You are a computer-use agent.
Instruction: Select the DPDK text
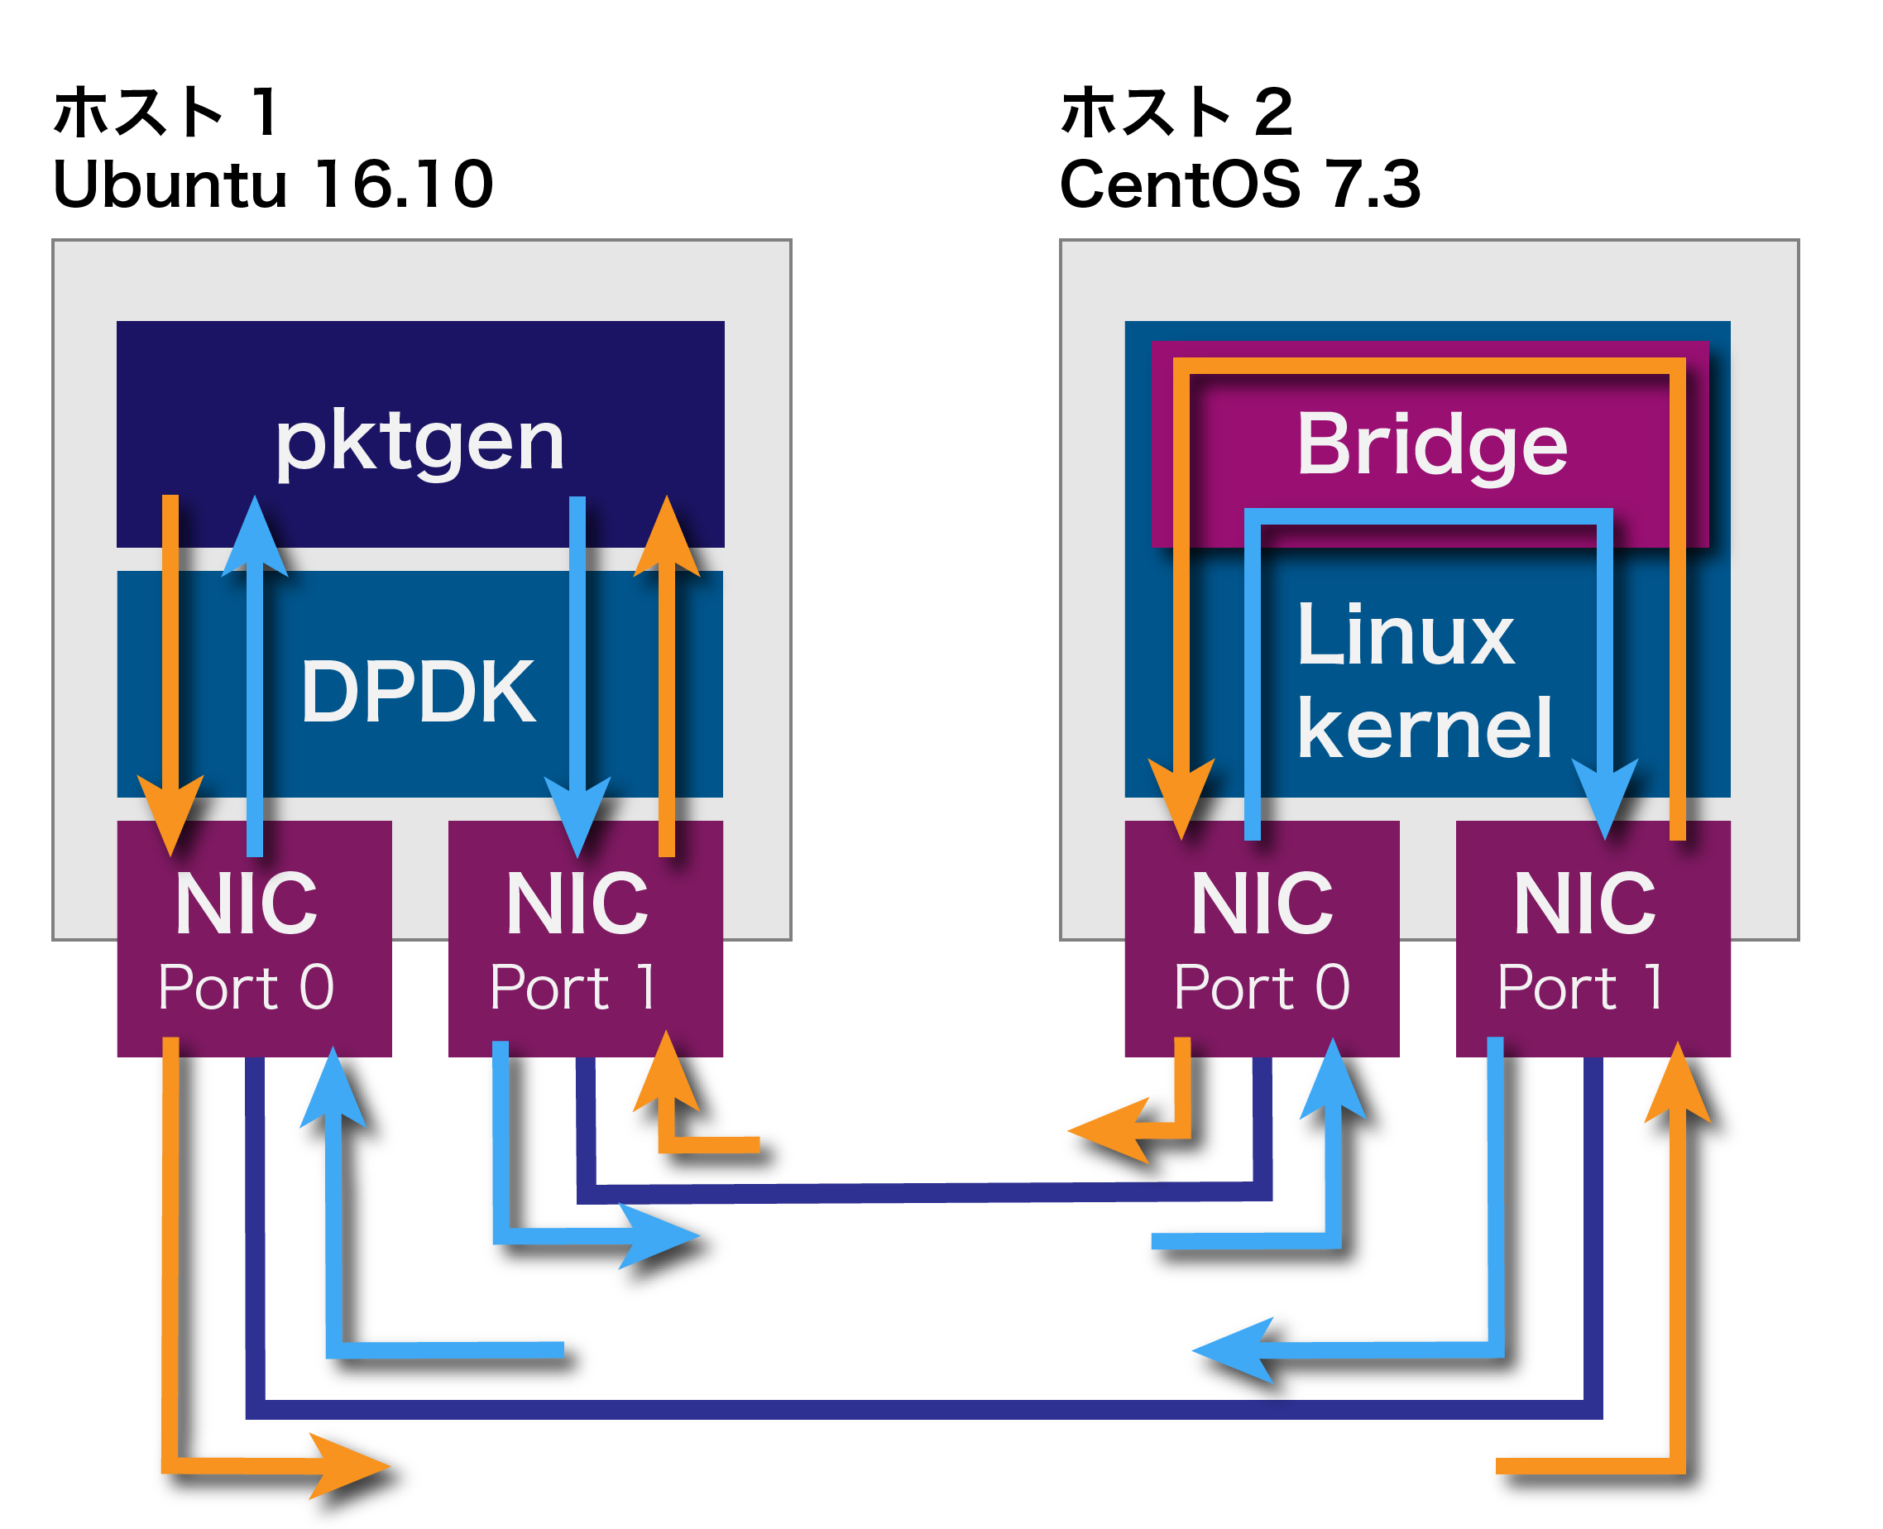click(x=418, y=693)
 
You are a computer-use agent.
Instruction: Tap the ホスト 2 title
click(x=1176, y=113)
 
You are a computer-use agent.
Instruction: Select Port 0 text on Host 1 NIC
click(x=247, y=987)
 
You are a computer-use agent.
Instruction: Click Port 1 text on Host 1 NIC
click(x=573, y=987)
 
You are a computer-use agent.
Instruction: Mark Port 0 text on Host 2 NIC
click(x=1262, y=987)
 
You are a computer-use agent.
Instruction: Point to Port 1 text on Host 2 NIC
click(x=1581, y=987)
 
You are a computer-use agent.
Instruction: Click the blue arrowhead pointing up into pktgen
click(x=255, y=537)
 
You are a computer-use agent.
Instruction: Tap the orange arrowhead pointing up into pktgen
click(x=667, y=537)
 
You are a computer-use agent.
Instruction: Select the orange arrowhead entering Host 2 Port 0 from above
click(x=1181, y=797)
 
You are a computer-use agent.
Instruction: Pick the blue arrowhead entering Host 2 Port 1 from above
click(x=1605, y=797)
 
